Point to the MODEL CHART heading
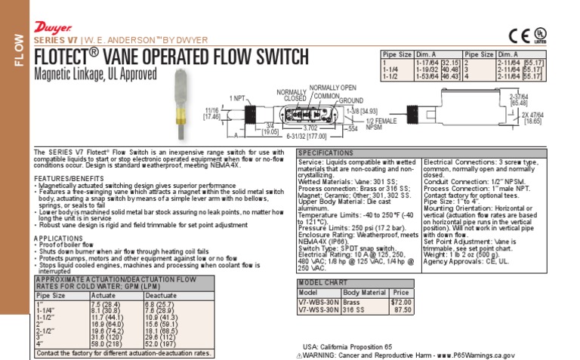(322, 282)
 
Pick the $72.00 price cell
(400, 300)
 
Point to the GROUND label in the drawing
(352, 100)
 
